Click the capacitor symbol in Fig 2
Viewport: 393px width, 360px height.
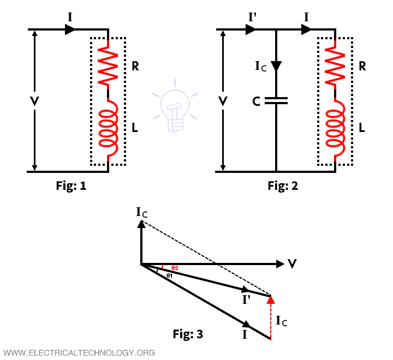click(x=277, y=101)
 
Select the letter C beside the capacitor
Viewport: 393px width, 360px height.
click(x=256, y=101)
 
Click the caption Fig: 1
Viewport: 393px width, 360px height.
click(x=71, y=186)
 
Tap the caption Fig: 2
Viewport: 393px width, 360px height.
click(x=283, y=186)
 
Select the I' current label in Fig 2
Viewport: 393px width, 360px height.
click(x=253, y=17)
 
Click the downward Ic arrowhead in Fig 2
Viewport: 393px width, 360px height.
click(x=277, y=65)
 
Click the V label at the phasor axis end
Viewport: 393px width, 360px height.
click(x=293, y=264)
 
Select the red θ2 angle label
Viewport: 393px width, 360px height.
click(x=175, y=268)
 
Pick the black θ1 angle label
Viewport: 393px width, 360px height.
click(x=170, y=276)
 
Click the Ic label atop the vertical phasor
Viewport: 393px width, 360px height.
click(x=141, y=211)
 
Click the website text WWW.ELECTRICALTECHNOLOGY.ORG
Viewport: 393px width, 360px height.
click(x=79, y=352)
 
